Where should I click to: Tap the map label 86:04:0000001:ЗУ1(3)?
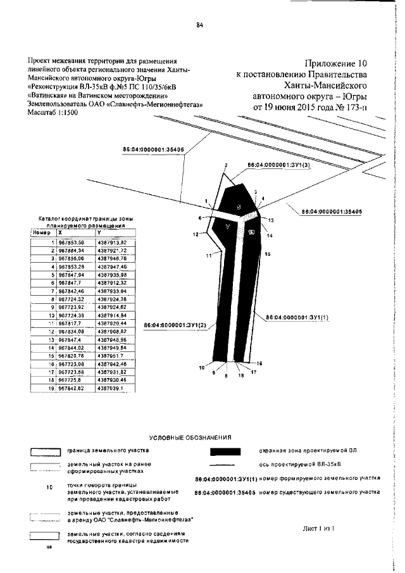[x=278, y=165]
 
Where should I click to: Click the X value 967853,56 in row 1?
[x=70, y=242]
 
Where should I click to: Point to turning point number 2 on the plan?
[x=225, y=165]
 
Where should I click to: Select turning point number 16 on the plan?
[x=258, y=363]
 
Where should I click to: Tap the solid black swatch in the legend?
[x=225, y=451]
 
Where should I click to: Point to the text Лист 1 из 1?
[x=318, y=527]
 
